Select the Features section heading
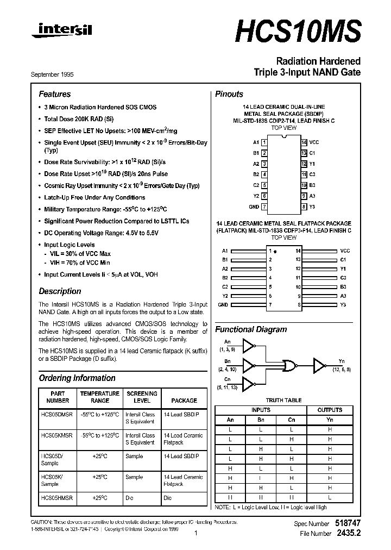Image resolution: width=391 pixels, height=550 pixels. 54,94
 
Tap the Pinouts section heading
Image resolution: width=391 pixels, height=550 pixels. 229,94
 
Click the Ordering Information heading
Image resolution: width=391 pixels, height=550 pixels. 77,378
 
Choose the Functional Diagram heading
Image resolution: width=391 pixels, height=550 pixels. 251,329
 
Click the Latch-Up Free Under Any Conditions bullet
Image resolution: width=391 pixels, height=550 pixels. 94,198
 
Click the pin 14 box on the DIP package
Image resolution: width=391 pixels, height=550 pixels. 304,142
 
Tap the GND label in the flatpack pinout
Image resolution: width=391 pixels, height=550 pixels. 223,305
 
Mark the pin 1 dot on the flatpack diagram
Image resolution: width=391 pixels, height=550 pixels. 275,252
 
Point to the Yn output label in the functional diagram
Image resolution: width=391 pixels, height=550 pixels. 340,361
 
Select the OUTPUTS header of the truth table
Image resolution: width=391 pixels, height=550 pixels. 329,410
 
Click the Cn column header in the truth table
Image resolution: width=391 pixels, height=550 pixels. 292,419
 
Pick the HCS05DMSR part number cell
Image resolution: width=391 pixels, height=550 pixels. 56,414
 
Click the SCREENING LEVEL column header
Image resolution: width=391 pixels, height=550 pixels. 142,397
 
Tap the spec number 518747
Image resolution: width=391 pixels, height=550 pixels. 346,523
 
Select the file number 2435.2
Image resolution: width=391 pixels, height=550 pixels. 348,534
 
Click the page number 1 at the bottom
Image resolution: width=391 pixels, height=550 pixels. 195,534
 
